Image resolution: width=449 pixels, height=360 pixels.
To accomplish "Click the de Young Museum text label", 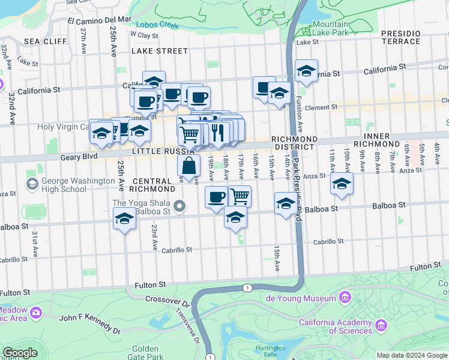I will point(301,298).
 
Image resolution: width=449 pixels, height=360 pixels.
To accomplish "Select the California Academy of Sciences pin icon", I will point(380,326).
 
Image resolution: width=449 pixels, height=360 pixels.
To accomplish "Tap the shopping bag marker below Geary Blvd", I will point(189,167).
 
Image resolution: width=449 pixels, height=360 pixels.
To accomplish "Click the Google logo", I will point(20,353).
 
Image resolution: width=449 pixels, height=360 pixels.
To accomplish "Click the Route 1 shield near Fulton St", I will point(247,288).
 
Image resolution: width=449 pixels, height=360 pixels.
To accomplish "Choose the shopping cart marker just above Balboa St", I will point(240,196).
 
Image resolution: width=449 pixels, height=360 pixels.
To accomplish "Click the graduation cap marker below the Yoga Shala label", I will point(124,219).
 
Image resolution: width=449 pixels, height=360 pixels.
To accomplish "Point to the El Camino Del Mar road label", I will point(99,20).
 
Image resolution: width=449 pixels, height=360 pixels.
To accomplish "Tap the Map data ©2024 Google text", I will point(412,355).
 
